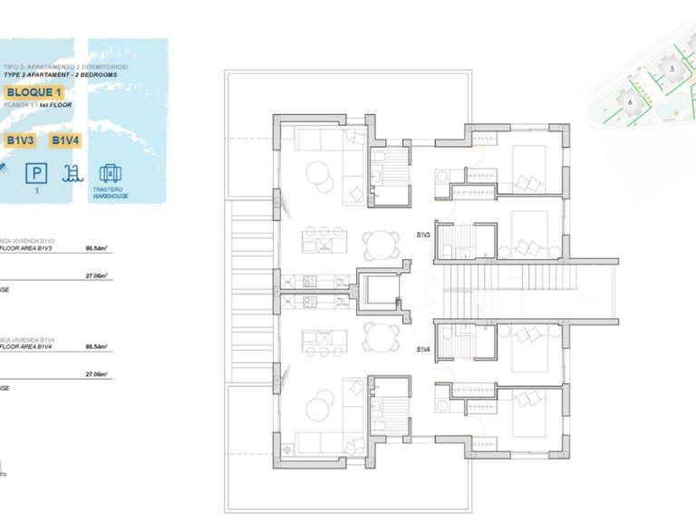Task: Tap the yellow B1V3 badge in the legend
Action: (21, 140)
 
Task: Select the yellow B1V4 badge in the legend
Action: (66, 140)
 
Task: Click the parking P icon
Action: (38, 172)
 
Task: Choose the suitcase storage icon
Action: (110, 172)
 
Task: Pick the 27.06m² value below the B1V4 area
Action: (97, 373)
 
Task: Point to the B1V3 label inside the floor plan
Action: (423, 235)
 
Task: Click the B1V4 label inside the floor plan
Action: (423, 349)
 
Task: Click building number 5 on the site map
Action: (672, 68)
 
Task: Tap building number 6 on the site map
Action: (629, 101)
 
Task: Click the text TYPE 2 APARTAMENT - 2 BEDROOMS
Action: (61, 74)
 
